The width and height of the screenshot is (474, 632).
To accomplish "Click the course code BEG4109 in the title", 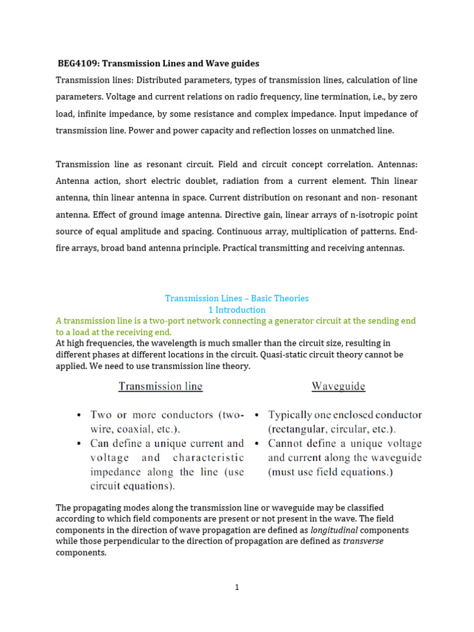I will tap(77, 64).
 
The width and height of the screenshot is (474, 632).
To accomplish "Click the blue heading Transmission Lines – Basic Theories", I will tap(236, 298).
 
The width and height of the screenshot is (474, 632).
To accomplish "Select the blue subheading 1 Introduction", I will tap(236, 310).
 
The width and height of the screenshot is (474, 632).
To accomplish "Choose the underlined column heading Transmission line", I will tap(160, 387).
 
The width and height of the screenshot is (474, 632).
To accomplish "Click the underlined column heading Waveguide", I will tap(338, 387).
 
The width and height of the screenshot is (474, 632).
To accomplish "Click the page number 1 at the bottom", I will tap(236, 588).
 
